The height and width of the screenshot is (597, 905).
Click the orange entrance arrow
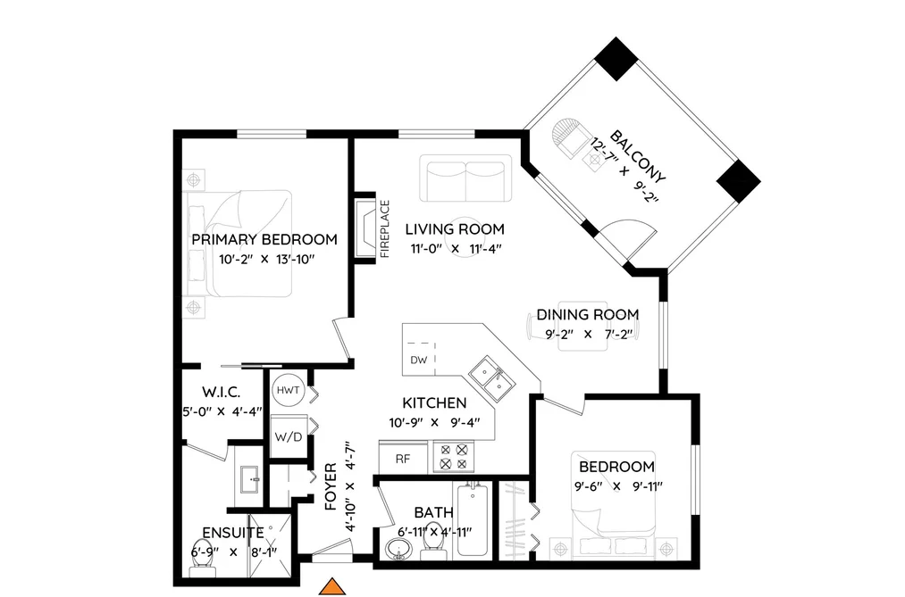332,586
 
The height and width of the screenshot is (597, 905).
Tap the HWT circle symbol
288,390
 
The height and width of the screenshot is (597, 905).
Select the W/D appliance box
289,436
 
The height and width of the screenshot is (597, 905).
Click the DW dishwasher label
419,361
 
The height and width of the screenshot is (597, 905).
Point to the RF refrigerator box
403,458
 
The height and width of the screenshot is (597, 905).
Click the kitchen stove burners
453,456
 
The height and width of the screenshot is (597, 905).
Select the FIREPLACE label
385,228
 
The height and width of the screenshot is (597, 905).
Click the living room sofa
465,178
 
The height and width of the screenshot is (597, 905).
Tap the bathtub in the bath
473,520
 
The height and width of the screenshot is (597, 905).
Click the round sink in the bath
398,549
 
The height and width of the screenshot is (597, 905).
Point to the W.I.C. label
221,393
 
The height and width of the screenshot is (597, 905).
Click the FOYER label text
331,487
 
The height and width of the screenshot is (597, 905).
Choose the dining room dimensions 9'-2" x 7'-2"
589,334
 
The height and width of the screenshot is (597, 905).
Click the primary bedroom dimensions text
266,260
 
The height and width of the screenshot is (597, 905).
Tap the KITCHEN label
434,402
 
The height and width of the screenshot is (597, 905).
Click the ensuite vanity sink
250,479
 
